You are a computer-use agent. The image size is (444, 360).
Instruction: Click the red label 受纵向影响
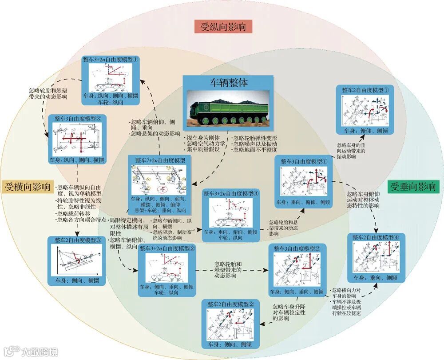pyautogui.click(x=223, y=27)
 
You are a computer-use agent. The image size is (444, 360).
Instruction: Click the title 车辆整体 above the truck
pyautogui.click(x=229, y=83)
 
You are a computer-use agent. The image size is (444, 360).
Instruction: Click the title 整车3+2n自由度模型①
pyautogui.click(x=111, y=59)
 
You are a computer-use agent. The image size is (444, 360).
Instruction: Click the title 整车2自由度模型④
pyautogui.click(x=378, y=237)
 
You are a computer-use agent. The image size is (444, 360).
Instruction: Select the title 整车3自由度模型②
pyautogui.click(x=297, y=248)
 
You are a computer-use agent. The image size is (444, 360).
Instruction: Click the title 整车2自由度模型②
pyautogui.click(x=230, y=304)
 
